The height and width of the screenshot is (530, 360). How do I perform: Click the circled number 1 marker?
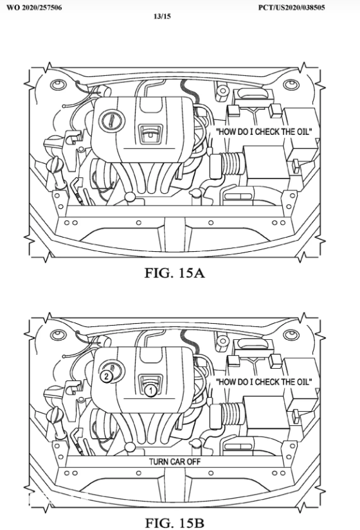(x=150, y=391)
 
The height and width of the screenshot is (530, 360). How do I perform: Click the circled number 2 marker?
(x=106, y=376)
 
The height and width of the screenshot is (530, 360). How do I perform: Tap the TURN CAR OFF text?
(x=175, y=461)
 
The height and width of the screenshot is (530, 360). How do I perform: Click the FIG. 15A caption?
(x=175, y=272)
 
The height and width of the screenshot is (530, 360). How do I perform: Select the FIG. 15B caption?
(x=175, y=522)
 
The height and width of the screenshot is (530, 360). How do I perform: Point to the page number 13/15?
(x=162, y=16)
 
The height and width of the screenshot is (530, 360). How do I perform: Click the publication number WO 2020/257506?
(x=34, y=8)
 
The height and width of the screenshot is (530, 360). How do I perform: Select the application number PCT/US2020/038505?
(x=291, y=8)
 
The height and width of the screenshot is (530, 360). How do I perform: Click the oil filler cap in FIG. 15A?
(x=112, y=121)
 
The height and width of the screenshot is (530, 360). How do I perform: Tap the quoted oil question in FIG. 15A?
(x=264, y=132)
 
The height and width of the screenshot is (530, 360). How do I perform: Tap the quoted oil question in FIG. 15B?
(x=264, y=382)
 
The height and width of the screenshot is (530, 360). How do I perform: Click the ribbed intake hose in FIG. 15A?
(x=232, y=164)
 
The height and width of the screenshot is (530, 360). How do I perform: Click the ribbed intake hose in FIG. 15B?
(x=232, y=414)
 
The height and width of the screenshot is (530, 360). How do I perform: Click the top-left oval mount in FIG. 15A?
(x=58, y=85)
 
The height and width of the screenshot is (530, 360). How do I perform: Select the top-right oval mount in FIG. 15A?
(x=291, y=85)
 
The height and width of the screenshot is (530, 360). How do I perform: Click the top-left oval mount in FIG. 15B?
(x=58, y=335)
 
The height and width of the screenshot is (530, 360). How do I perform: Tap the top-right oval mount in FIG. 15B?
(x=291, y=335)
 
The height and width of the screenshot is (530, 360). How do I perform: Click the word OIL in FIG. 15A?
(x=303, y=132)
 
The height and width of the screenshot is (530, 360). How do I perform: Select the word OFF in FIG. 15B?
(x=193, y=461)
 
